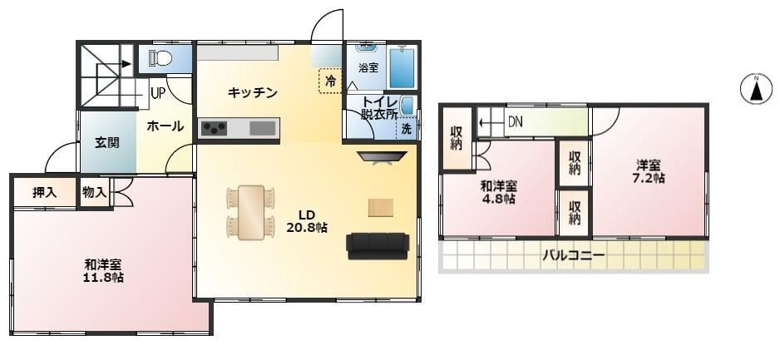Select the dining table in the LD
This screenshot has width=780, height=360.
click(x=250, y=212)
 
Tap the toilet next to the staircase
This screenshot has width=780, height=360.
click(x=160, y=57)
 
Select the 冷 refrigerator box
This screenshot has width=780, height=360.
click(x=330, y=81)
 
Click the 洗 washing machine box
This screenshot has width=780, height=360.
click(x=406, y=129)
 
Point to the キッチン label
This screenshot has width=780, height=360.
click(x=252, y=92)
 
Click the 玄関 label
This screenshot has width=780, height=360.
click(x=106, y=141)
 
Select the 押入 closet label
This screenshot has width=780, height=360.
click(x=44, y=192)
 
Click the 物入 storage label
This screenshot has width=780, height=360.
click(x=94, y=192)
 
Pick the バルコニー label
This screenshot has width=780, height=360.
click(x=574, y=255)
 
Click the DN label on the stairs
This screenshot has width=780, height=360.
click(x=516, y=122)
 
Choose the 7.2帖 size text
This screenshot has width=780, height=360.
click(x=649, y=178)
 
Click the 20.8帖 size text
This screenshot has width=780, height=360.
click(x=307, y=226)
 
